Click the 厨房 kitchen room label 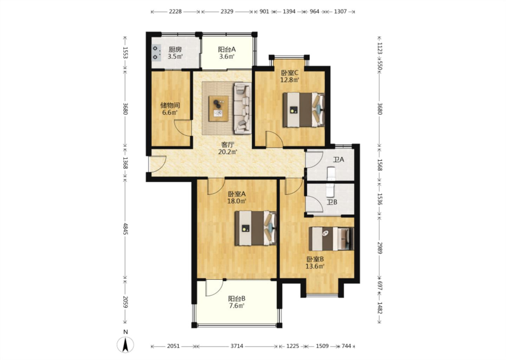175,49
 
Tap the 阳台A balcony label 227,49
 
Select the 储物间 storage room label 170,105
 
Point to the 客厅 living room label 228,144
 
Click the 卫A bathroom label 339,160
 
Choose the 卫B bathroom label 332,202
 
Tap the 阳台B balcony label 237,299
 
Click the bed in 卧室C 304,110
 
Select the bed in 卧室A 255,228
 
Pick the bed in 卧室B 331,239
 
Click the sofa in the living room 243,108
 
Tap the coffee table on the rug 219,109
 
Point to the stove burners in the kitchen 156,53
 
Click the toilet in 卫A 331,174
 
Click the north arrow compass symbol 125,345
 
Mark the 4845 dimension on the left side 125,229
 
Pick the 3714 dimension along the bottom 237,346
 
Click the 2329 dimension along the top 227,12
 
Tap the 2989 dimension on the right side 379,248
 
